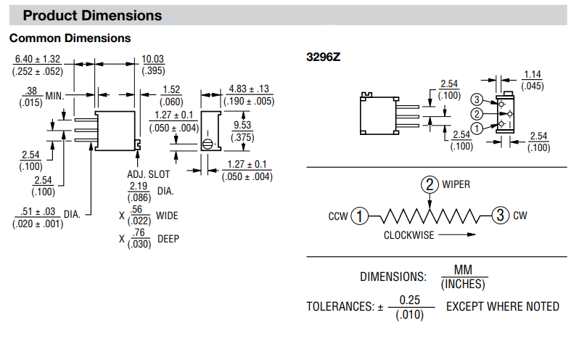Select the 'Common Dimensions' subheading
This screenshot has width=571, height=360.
pyautogui.click(x=70, y=38)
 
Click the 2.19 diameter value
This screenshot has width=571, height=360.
pyautogui.click(x=139, y=187)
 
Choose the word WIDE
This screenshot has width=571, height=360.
pyautogui.click(x=167, y=216)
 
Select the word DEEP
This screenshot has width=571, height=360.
pyautogui.click(x=167, y=238)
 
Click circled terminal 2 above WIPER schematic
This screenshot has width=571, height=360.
pyautogui.click(x=430, y=184)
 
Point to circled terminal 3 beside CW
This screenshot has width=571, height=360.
pyautogui.click(x=500, y=216)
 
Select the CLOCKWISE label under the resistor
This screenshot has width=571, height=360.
pyautogui.click(x=410, y=235)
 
